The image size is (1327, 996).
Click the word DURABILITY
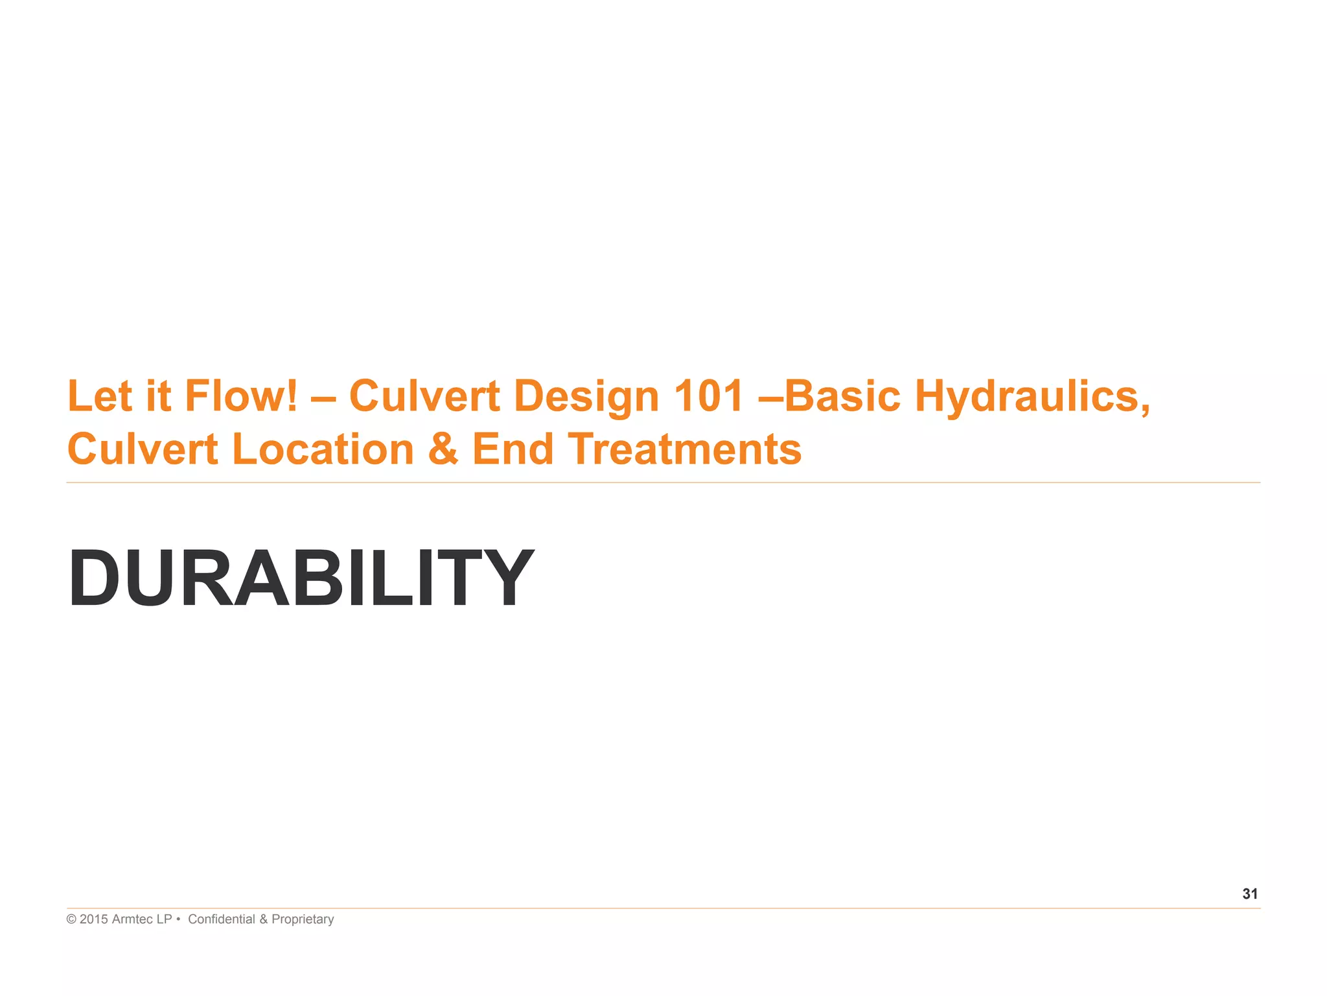tap(301, 577)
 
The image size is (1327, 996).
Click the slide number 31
tap(1250, 894)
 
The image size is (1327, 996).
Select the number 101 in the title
tap(708, 396)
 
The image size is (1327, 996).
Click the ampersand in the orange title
tap(443, 449)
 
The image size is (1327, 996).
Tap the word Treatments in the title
tap(685, 449)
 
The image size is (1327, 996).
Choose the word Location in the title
tap(323, 449)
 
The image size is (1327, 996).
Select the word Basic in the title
tap(842, 396)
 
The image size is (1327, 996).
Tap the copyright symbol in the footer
tap(71, 919)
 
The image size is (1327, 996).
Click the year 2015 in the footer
tap(93, 919)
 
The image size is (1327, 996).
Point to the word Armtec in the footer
tap(133, 919)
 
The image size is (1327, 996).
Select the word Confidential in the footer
tap(222, 919)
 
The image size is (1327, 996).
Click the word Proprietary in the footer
tap(303, 919)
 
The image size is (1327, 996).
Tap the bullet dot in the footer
tap(178, 919)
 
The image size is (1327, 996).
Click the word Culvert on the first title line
tap(424, 396)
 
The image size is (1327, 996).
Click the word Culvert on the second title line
tap(143, 449)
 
